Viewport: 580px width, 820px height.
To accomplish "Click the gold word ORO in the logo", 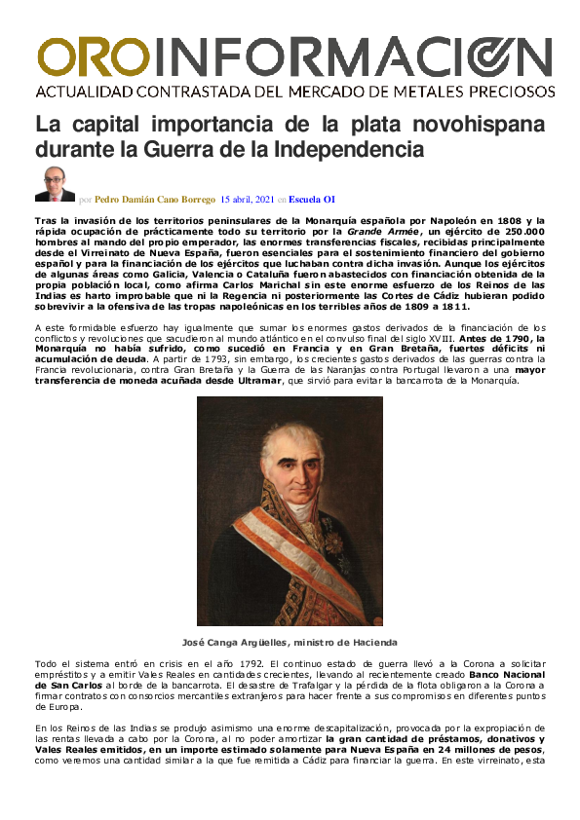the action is [93, 57].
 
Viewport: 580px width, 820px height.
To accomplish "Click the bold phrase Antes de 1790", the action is [504, 337].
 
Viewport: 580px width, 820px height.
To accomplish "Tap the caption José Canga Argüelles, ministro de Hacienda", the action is [290, 642].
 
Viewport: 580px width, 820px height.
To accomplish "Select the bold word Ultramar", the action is [257, 379].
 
